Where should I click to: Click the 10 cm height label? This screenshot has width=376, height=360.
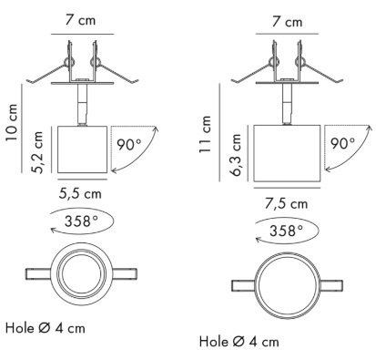(x=12, y=122)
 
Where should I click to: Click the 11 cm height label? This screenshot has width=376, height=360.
(x=205, y=135)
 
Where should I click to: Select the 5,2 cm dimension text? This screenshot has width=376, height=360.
(x=38, y=152)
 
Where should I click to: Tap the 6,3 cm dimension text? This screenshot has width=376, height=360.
(x=236, y=155)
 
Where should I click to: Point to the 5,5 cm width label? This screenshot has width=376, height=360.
(x=80, y=193)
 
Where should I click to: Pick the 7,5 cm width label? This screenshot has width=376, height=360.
(x=287, y=203)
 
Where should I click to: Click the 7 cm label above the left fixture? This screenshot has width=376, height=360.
(x=80, y=20)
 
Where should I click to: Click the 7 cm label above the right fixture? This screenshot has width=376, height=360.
(x=287, y=22)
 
